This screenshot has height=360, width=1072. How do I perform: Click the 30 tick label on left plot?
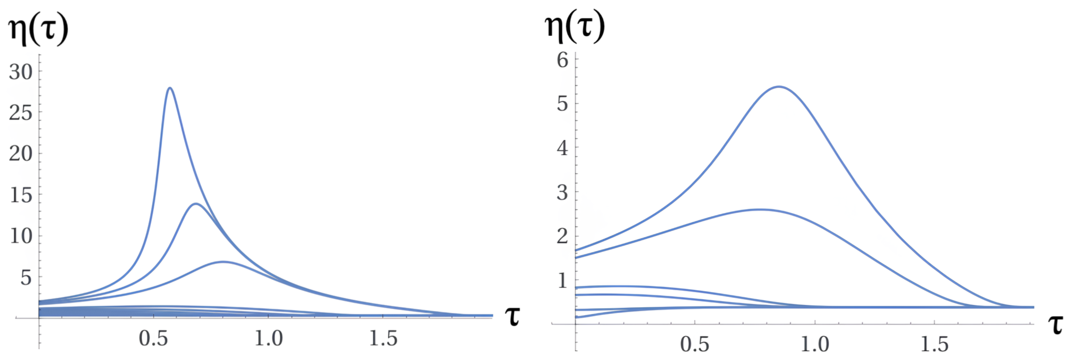pyautogui.click(x=21, y=73)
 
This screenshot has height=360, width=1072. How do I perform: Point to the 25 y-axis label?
pyautogui.click(x=21, y=113)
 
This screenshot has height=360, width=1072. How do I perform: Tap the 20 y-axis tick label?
pyautogui.click(x=21, y=154)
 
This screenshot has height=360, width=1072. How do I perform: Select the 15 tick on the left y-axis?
pyautogui.click(x=21, y=195)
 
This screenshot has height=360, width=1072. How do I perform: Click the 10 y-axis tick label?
pyautogui.click(x=21, y=236)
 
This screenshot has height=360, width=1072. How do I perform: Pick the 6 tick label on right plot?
pyautogui.click(x=563, y=61)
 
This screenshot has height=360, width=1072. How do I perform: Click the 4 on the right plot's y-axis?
pyautogui.click(x=563, y=148)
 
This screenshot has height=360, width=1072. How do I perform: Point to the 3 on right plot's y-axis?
pyautogui.click(x=563, y=193)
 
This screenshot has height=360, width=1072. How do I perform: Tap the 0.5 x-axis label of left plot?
pyautogui.click(x=154, y=338)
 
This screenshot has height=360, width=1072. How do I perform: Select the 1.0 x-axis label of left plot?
pyautogui.click(x=269, y=338)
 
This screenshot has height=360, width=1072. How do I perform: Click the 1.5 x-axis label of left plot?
pyautogui.click(x=383, y=338)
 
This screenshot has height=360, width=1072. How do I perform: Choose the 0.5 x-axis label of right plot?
pyautogui.click(x=694, y=345)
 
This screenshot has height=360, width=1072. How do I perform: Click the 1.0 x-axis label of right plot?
pyautogui.click(x=815, y=345)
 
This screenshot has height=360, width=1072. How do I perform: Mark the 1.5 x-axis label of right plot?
pyautogui.click(x=935, y=345)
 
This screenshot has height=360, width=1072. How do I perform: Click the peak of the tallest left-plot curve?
pyautogui.click(x=170, y=88)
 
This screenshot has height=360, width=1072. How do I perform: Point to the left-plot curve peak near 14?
pyautogui.click(x=195, y=204)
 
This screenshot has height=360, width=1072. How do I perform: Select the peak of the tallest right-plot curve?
pyautogui.click(x=779, y=87)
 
